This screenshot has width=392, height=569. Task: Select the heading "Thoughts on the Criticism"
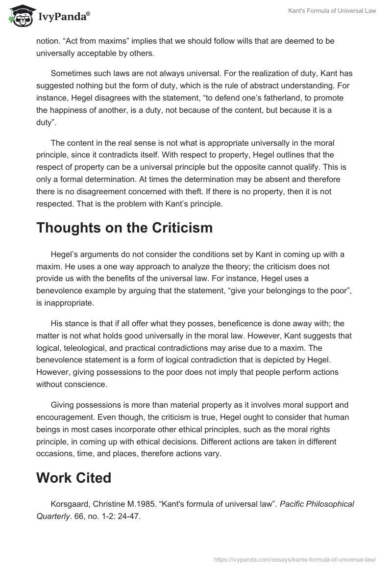click(124, 228)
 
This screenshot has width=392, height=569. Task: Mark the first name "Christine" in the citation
click(112, 504)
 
